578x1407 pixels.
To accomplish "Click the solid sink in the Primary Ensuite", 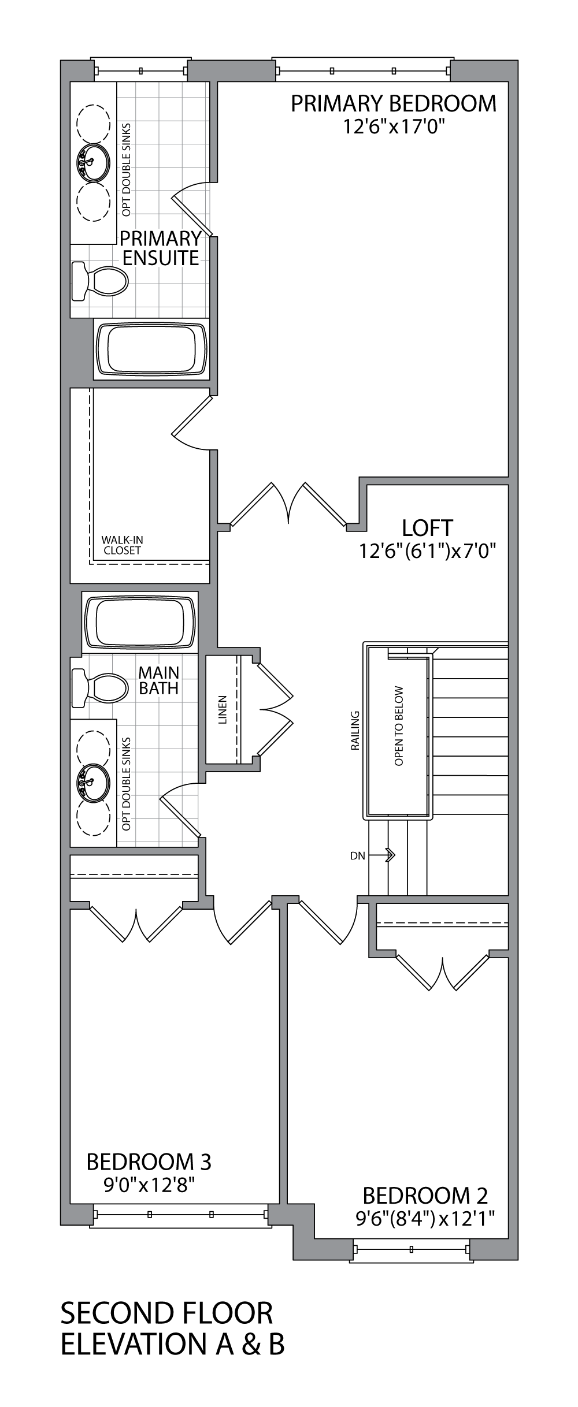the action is coord(92,162).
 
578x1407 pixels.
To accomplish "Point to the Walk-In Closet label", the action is coord(122,545).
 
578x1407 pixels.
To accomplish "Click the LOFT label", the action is coord(427,527).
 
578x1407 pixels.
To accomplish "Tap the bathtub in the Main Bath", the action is coord(140,622).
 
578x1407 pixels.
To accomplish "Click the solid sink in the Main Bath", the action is coord(92,783).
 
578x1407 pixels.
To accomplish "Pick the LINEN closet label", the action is coord(223,709).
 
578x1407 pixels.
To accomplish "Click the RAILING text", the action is coord(355,731).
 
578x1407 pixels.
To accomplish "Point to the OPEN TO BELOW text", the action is coord(399,726).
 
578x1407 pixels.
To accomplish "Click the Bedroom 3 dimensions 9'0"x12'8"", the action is coord(149,1186).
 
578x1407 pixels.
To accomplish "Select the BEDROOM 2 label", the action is coord(425,1195).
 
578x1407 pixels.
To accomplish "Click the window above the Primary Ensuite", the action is coord(141,71).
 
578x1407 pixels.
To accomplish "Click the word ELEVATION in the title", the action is coord(132,1344).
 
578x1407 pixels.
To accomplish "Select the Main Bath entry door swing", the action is coord(180,807).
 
